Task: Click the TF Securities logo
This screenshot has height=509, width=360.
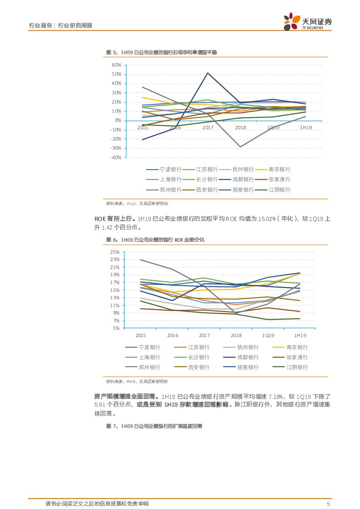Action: (307, 22)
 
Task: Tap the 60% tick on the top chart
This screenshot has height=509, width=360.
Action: (116, 65)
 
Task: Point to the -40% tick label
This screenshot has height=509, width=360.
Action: (115, 157)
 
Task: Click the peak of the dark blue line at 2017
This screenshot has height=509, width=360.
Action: (208, 73)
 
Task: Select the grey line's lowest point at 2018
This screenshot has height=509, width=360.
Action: (240, 147)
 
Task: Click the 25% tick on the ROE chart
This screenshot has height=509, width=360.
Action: (115, 252)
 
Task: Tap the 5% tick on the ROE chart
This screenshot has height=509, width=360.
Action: (116, 328)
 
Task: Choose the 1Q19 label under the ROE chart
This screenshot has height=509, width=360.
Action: (268, 335)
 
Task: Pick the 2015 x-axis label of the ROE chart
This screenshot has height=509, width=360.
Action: (141, 335)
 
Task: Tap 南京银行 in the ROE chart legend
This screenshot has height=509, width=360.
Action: (297, 347)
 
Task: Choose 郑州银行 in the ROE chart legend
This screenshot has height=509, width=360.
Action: (149, 367)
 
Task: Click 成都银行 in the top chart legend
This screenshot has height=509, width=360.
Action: (243, 179)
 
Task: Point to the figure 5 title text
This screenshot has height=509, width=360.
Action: (161, 52)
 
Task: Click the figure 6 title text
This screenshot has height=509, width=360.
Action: (155, 240)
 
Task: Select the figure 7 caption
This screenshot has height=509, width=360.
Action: (155, 426)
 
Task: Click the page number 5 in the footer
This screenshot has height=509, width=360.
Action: (329, 504)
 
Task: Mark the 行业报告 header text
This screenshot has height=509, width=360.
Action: (40, 26)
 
